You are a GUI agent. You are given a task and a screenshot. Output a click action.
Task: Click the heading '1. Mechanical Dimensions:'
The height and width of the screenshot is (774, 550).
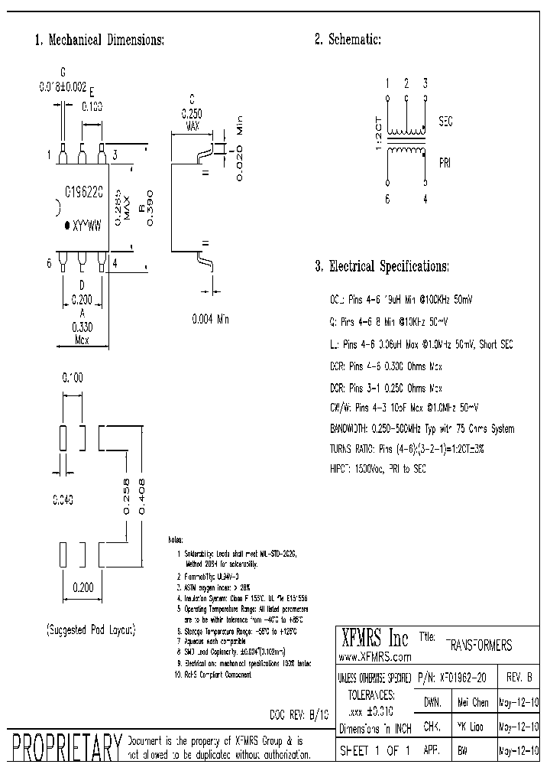[x=99, y=40]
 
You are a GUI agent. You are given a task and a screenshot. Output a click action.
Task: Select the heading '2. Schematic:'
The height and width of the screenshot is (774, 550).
[x=348, y=40]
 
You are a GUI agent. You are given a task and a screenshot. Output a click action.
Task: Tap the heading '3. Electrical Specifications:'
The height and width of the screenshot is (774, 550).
[x=382, y=267]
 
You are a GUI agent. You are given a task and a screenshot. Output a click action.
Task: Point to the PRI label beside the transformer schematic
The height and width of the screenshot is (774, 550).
[x=445, y=163]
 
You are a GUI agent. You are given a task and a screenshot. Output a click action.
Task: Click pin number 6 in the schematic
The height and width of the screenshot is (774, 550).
[x=388, y=199]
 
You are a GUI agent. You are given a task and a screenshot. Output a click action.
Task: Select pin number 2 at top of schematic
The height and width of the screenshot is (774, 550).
[x=406, y=83]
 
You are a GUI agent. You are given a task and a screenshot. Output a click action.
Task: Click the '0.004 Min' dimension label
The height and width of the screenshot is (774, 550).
[x=210, y=319]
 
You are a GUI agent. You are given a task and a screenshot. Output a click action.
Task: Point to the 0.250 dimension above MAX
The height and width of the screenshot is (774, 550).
[x=192, y=112]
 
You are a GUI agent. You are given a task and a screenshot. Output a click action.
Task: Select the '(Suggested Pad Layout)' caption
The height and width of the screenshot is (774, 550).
[x=91, y=629]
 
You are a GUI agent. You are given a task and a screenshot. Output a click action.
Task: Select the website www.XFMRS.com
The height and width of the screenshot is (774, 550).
[x=374, y=657]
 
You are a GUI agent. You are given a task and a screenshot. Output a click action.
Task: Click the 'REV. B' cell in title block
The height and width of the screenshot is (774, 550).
[x=519, y=678]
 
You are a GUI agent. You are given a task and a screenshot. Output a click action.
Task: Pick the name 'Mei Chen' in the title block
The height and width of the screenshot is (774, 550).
[x=472, y=702]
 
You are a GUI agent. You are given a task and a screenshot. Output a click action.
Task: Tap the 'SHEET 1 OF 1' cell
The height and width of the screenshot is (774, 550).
[x=374, y=751]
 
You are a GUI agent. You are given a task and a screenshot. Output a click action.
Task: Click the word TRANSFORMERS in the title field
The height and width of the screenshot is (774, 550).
[x=479, y=646]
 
